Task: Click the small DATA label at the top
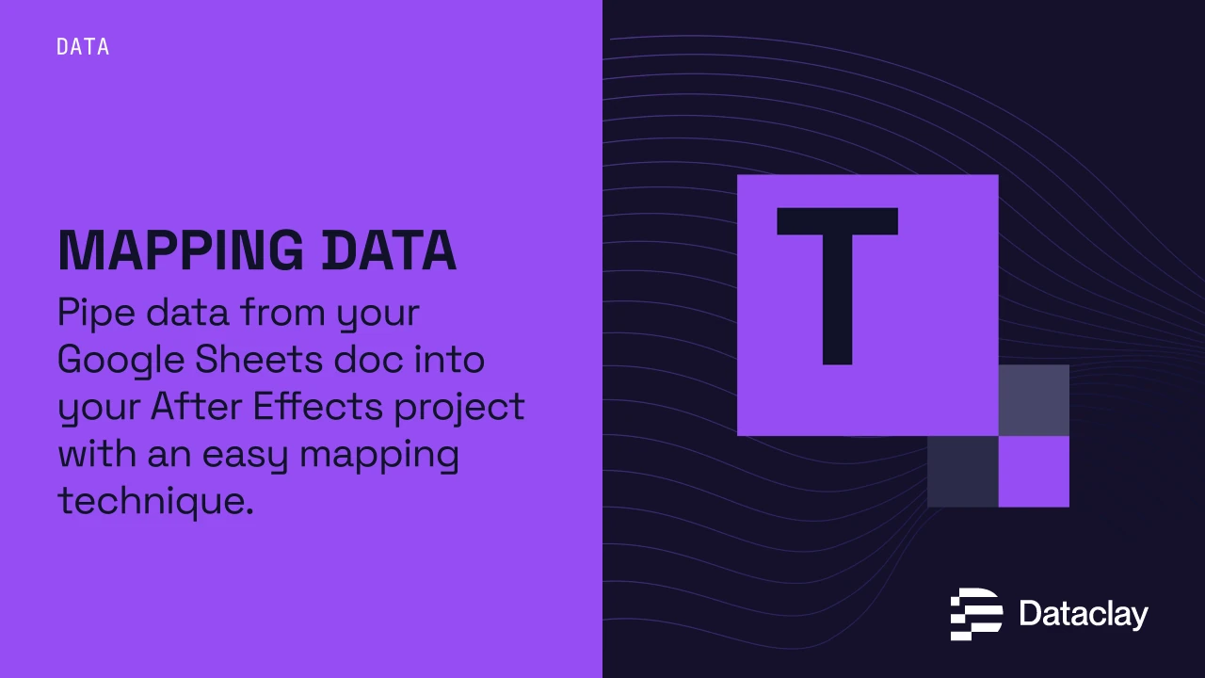click(x=83, y=47)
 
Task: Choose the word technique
click(x=155, y=501)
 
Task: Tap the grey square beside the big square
click(x=1034, y=400)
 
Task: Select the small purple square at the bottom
click(x=1034, y=471)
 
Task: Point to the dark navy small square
click(x=962, y=471)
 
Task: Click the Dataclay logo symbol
click(x=975, y=614)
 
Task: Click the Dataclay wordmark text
click(x=1084, y=615)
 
